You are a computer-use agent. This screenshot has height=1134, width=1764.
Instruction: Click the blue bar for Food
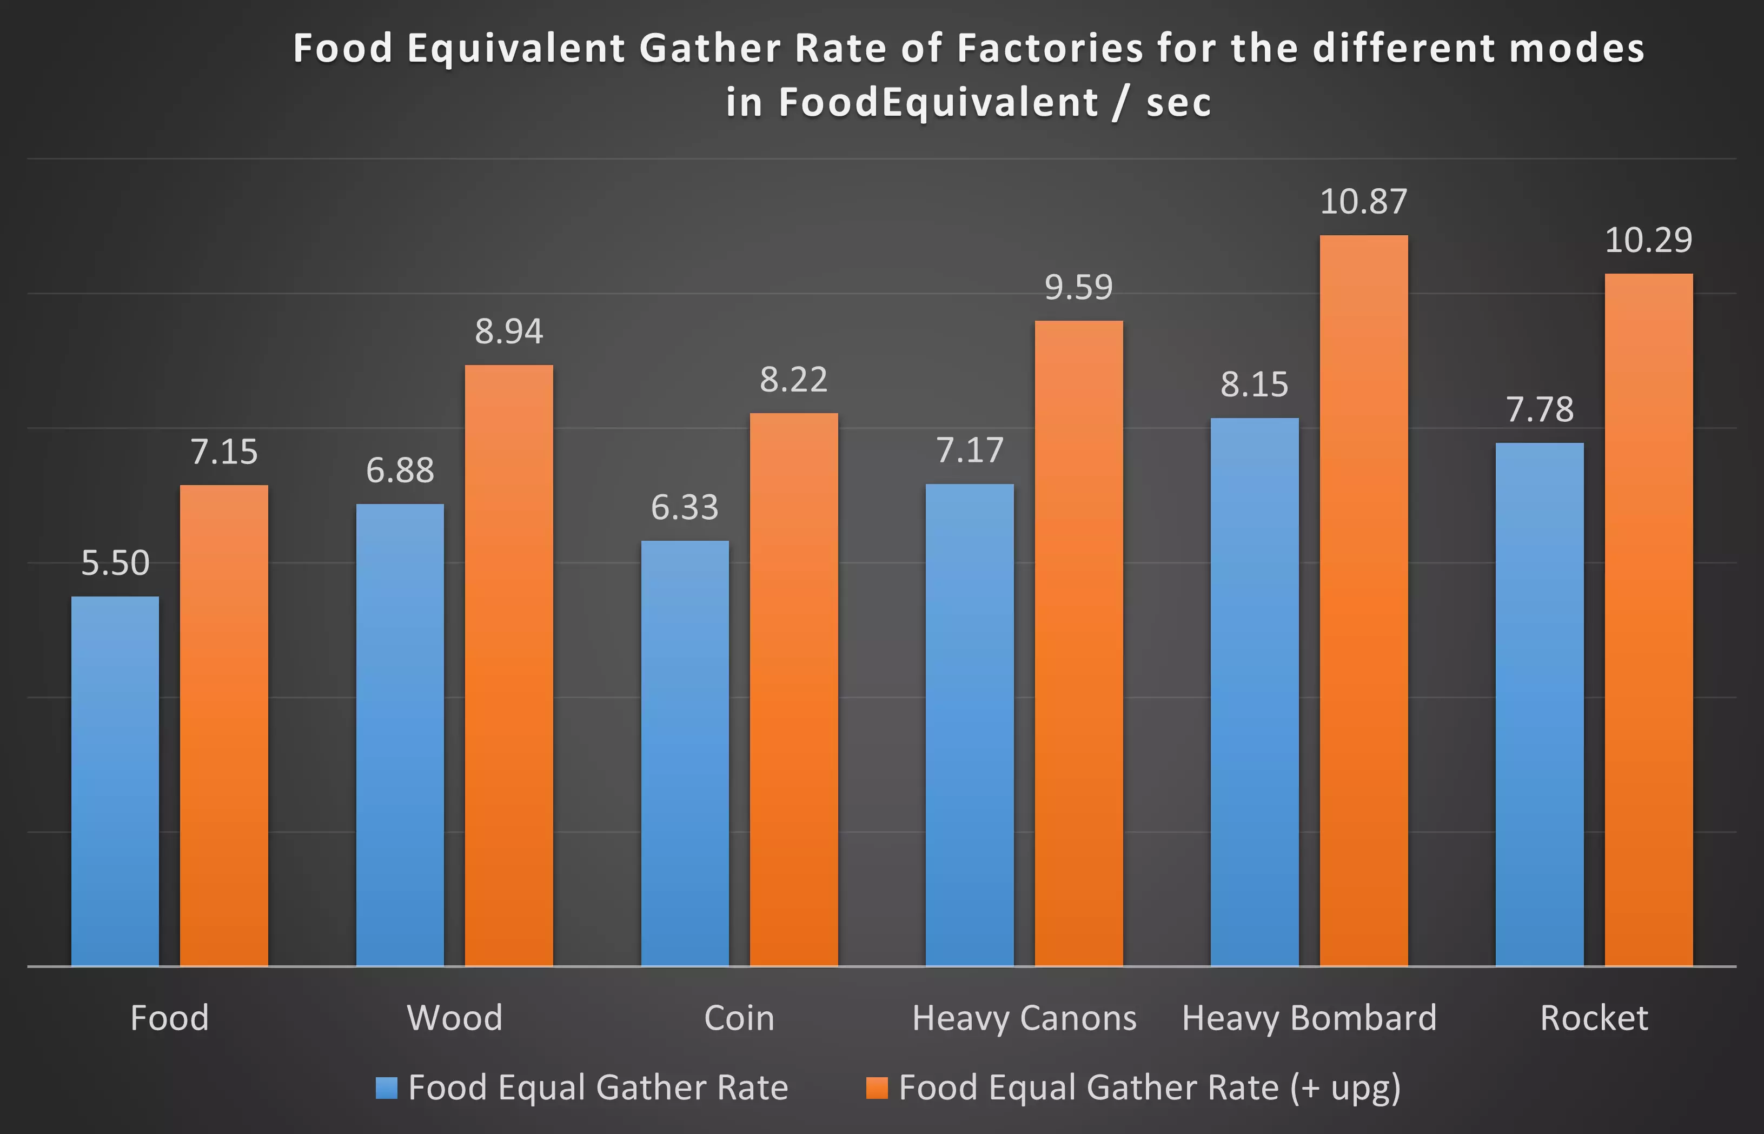pos(115,780)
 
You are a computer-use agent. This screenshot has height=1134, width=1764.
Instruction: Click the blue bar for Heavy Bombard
pos(1255,692)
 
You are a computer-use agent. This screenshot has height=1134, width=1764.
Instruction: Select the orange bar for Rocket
pos(1648,619)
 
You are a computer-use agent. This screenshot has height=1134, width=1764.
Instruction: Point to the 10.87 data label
pos(1363,202)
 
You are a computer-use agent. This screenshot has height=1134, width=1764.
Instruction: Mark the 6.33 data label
pos(685,507)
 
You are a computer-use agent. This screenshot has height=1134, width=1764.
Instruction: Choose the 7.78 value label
pos(1540,409)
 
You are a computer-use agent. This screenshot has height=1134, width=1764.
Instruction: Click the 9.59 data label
pos(1079,287)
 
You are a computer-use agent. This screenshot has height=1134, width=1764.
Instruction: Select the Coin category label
pos(739,1018)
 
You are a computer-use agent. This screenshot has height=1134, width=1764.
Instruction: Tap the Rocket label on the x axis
pos(1594,1018)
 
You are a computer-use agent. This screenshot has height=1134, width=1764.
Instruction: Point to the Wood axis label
pos(454,1018)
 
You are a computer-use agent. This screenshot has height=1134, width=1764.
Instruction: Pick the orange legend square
pos(877,1087)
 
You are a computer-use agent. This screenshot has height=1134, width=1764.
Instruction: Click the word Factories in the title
pos(1050,49)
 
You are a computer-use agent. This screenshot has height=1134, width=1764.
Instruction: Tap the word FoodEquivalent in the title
pos(939,102)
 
